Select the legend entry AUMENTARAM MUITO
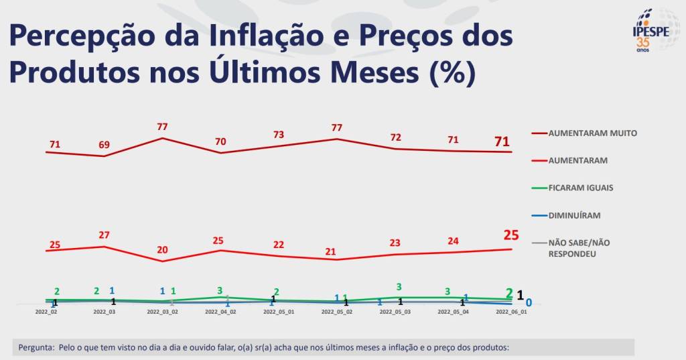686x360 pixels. [592, 133]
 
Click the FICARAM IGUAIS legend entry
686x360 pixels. [581, 188]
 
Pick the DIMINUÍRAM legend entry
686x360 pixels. [574, 215]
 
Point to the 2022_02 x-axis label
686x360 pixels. [46, 312]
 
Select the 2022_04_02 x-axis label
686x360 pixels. [220, 312]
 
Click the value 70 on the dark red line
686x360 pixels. [220, 141]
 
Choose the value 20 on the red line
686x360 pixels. [163, 250]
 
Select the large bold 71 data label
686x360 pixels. [502, 141]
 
